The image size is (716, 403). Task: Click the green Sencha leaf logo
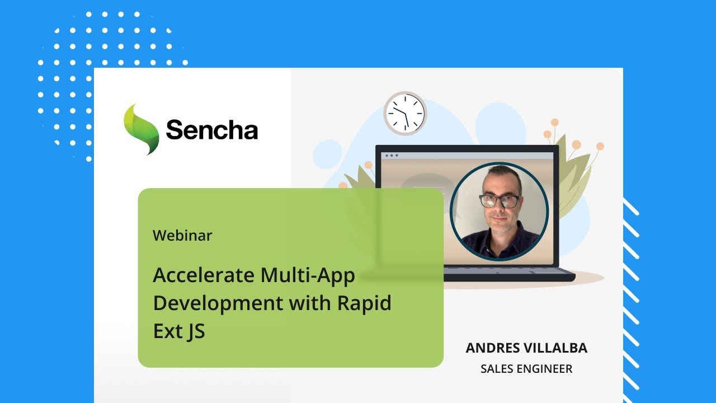point(141,129)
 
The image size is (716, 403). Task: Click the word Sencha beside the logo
point(212,130)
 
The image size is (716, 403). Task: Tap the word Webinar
point(182,236)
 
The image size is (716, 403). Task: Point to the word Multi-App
point(307,275)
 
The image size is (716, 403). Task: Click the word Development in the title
point(218,303)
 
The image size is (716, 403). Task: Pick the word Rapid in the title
point(364,303)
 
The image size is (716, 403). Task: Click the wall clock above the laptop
point(405,113)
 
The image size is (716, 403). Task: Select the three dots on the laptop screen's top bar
point(390,155)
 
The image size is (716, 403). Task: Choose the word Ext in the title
point(166,331)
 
